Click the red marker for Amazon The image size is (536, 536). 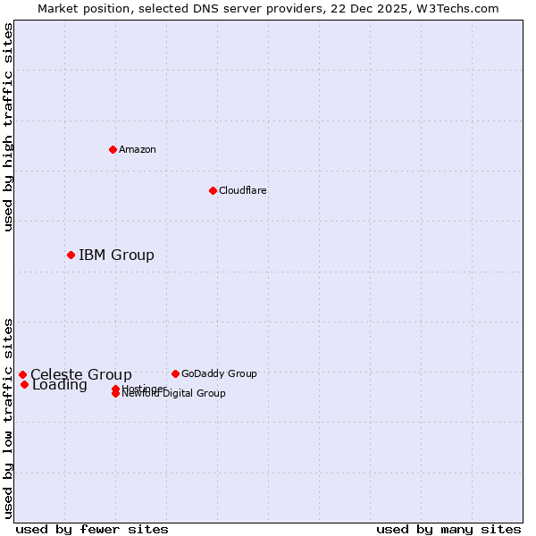113,149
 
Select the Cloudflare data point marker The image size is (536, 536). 213,190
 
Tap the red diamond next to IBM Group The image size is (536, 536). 71,255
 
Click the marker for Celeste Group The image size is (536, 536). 22,375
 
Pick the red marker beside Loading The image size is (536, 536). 24,384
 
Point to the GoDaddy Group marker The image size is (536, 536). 175,373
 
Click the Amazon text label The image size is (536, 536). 137,149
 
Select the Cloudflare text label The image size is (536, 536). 242,190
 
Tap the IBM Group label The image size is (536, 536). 116,255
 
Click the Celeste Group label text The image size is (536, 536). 81,374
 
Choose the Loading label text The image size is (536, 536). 60,386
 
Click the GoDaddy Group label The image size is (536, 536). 219,373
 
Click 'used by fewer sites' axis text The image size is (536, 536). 92,529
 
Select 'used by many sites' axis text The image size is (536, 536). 448,529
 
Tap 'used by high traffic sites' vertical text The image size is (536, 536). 8,127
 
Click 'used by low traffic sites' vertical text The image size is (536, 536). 8,417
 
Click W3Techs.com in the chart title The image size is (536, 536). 456,8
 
